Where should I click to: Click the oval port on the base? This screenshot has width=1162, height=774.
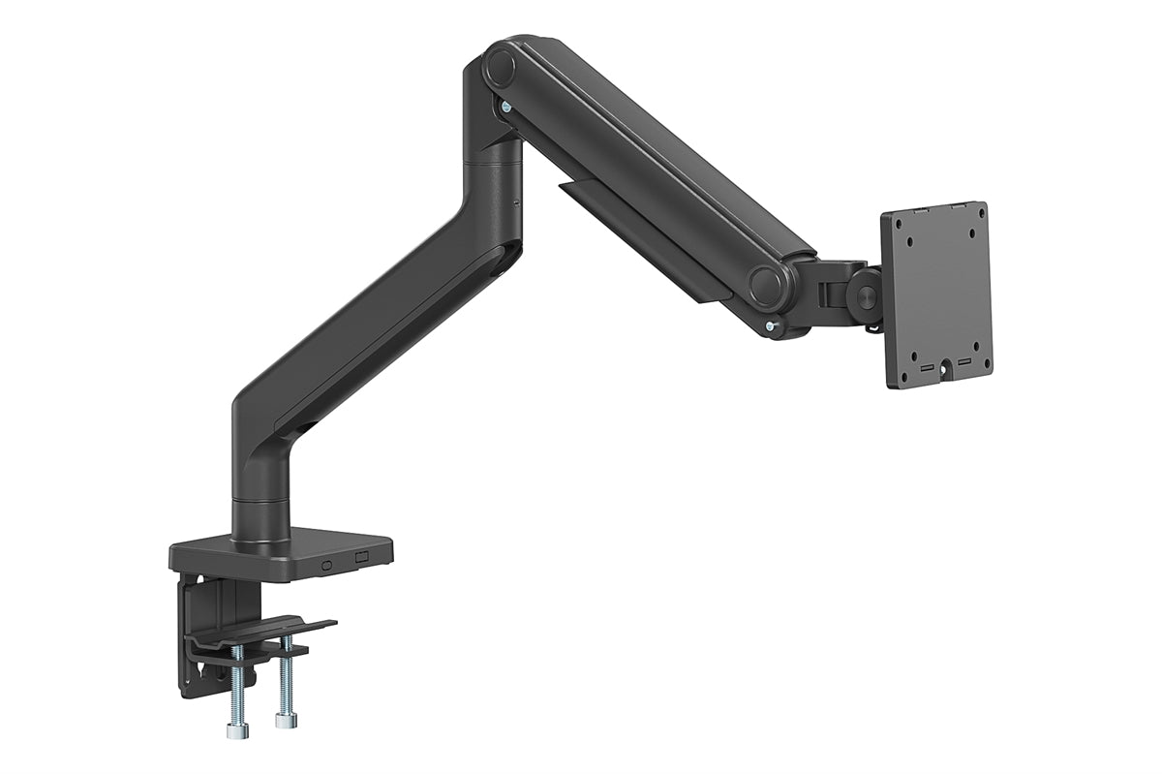[x=326, y=561]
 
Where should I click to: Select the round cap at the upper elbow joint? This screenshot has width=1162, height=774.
[x=502, y=67]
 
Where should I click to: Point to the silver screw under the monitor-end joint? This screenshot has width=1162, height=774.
[x=771, y=328]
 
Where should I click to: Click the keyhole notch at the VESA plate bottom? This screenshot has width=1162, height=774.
[x=943, y=379]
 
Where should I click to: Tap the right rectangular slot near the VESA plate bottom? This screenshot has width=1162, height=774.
[x=963, y=362]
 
